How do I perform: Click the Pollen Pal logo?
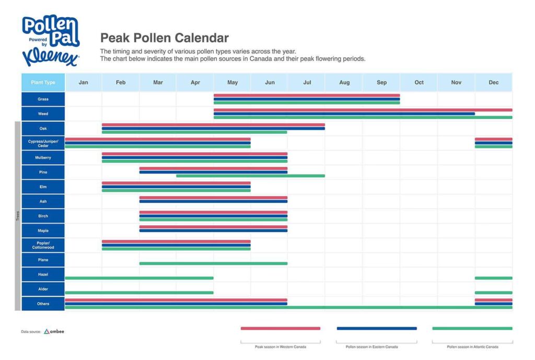pos(50,40)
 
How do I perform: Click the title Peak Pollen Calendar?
pos(164,38)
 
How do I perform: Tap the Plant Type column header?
pos(43,83)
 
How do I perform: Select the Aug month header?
pos(344,83)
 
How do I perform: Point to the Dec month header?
pos(493,83)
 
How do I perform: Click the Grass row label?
pos(43,99)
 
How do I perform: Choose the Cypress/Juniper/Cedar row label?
pos(43,143)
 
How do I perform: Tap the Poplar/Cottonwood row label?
pos(43,246)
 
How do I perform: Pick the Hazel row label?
pos(43,274)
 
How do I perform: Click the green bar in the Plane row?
pos(213,263)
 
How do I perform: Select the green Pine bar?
pos(250,176)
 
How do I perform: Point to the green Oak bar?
pos(194,132)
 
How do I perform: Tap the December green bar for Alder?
pos(493,293)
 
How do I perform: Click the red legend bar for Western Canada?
pos(280,328)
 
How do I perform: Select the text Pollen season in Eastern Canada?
pos(371,347)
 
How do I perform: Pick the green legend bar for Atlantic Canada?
pos(472,328)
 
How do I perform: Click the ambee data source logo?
pos(54,331)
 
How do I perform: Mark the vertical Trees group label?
pos(17,216)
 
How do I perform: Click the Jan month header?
pos(83,83)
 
